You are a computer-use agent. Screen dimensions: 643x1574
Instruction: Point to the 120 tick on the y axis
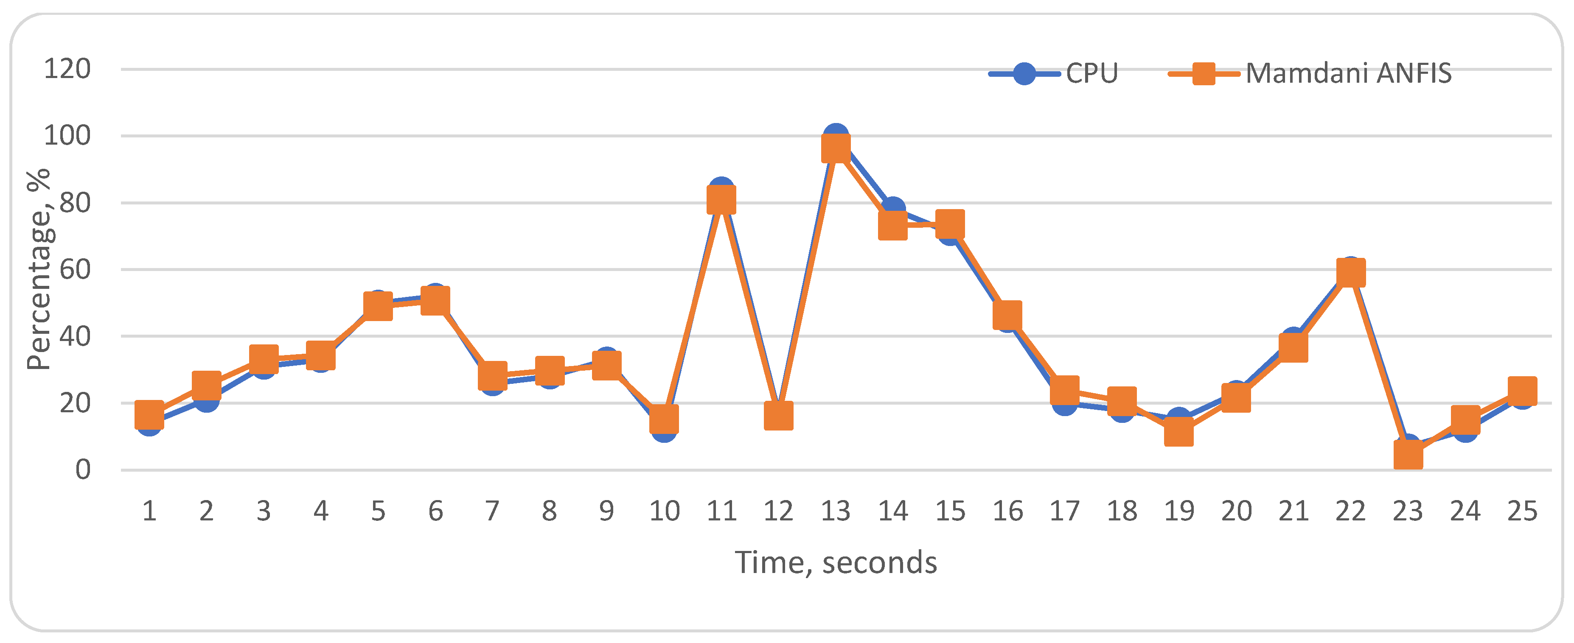[x=67, y=69]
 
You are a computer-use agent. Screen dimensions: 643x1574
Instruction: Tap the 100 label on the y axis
[x=67, y=136]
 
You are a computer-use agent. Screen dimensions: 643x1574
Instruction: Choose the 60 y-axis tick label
[x=75, y=269]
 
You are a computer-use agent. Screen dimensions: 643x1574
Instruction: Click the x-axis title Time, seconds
[x=835, y=562]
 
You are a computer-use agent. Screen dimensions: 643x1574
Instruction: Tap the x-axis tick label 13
[x=835, y=511]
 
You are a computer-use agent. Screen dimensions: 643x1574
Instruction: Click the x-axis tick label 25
[x=1521, y=511]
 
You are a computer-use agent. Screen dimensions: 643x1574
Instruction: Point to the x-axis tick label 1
[x=149, y=511]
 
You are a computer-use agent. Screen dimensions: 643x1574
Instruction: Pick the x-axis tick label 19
[x=1178, y=511]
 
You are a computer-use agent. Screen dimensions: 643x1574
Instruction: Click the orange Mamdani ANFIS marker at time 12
[x=778, y=416]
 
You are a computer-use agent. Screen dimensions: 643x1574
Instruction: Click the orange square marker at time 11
[x=721, y=200]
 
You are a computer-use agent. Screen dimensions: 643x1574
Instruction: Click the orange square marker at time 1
[x=149, y=415]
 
